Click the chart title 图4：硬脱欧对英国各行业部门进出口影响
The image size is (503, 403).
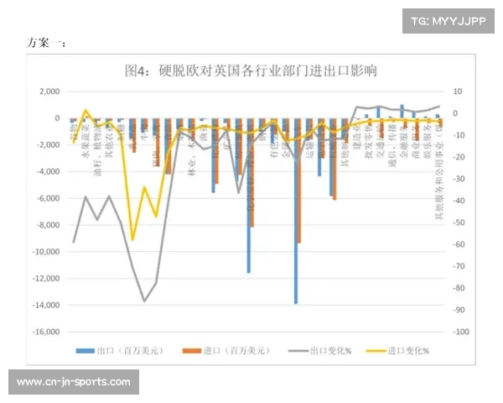[251, 71]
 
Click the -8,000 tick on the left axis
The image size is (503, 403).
[47, 225]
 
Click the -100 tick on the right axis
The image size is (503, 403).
[459, 332]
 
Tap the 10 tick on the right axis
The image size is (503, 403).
[456, 92]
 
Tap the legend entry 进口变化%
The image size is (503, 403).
[401, 350]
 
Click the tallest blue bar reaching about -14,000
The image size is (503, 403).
[295, 210]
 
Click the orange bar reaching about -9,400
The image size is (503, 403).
[299, 181]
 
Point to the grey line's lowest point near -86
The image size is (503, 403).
[144, 301]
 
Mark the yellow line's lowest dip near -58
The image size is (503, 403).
[132, 240]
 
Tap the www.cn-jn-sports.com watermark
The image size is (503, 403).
[74, 383]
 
